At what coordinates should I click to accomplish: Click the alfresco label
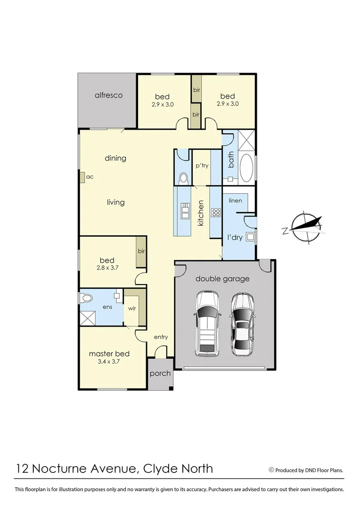[108, 95]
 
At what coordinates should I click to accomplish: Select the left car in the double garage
[207, 323]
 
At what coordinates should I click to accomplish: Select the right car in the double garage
[242, 323]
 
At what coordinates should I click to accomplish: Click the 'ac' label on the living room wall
[90, 177]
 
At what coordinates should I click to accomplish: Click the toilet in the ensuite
[86, 298]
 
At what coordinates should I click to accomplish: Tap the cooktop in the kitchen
[216, 213]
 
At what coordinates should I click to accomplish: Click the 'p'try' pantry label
[202, 166]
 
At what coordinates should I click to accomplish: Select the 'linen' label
[235, 201]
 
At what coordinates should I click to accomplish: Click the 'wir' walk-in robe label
[132, 309]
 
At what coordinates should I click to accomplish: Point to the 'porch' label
[160, 374]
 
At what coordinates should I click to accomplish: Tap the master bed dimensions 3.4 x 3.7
[109, 362]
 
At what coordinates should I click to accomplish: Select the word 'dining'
[115, 158]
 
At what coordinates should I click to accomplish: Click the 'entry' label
[161, 337]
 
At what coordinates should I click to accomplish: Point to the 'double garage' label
[222, 279]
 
